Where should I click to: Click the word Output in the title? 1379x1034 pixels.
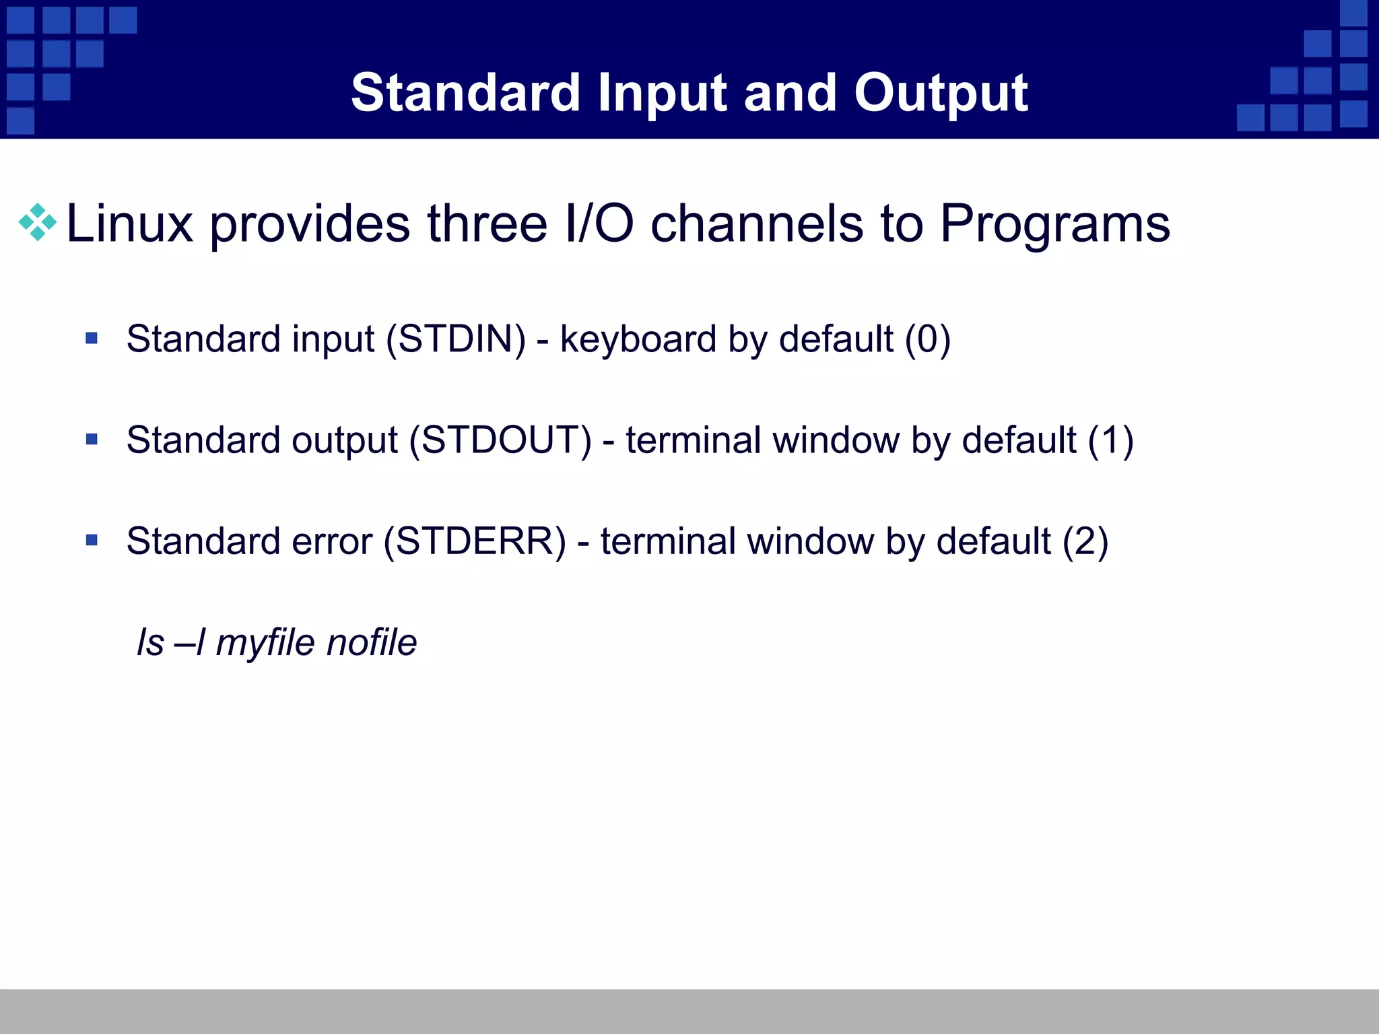(940, 93)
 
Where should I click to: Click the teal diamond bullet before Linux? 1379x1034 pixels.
(38, 222)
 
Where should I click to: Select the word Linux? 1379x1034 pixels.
(129, 223)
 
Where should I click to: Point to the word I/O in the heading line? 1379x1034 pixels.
(599, 223)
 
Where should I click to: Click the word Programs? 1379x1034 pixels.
(1054, 225)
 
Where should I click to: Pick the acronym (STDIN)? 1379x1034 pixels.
(456, 339)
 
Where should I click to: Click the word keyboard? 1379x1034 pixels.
(638, 339)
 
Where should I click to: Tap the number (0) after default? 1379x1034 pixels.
(927, 339)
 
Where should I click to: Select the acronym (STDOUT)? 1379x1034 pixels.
(500, 440)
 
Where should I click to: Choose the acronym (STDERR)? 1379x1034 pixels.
(475, 541)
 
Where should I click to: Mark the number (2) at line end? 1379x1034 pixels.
(1085, 541)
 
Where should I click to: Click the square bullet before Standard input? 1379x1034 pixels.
(92, 338)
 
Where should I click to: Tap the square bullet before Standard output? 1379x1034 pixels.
(92, 440)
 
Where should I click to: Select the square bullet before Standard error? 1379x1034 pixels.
(92, 540)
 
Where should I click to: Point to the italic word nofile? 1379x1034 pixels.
(371, 642)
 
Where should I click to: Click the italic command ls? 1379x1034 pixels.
(150, 642)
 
